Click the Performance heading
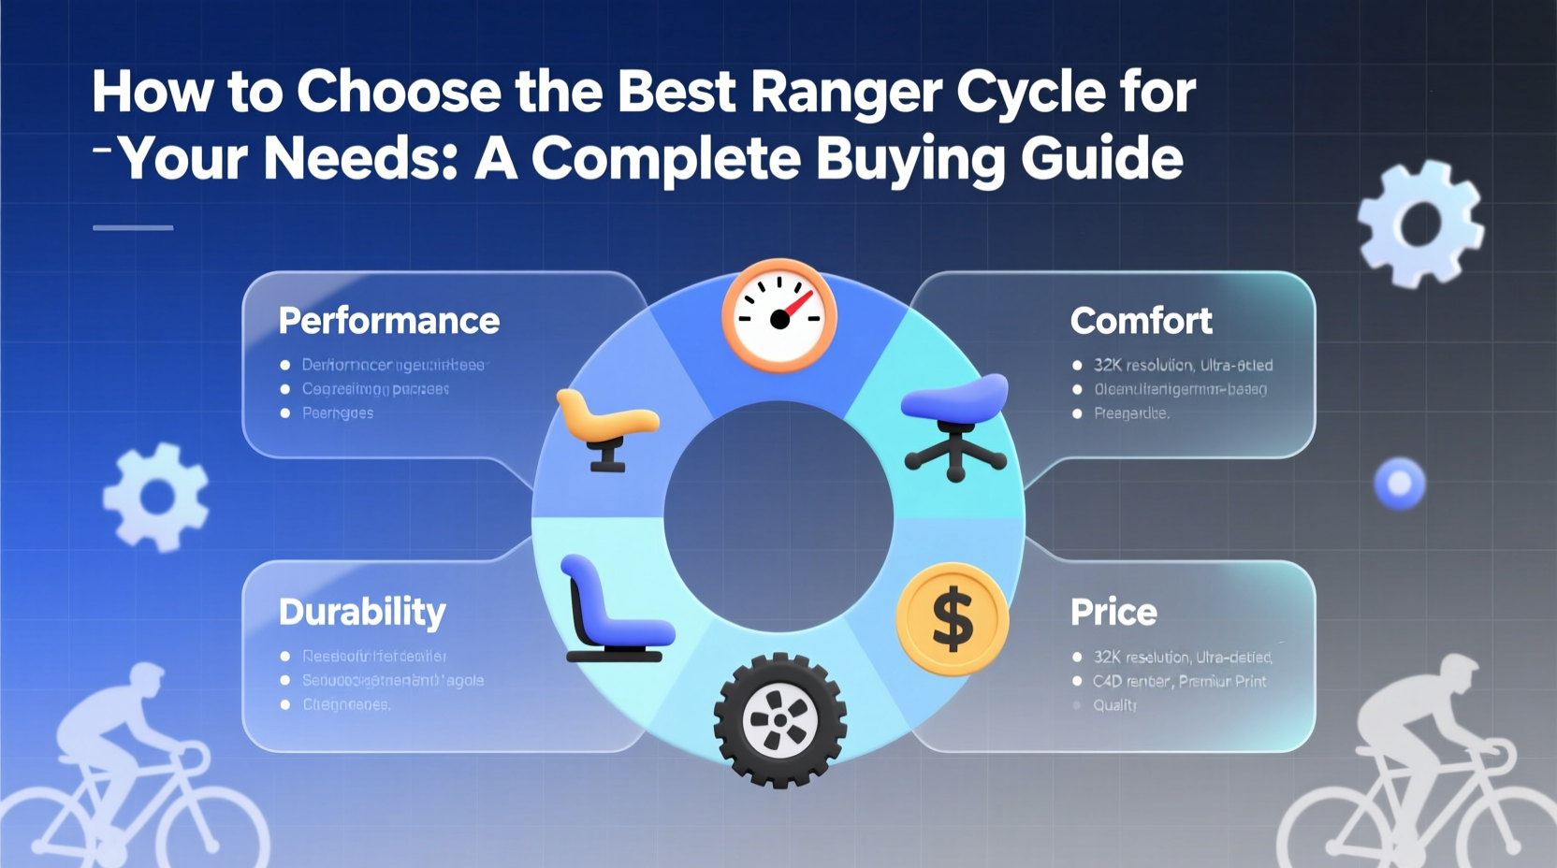point(388,321)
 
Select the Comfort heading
point(1141,321)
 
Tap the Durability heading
point(362,612)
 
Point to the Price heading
point(1113,612)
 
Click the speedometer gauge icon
point(778,316)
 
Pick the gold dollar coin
point(953,619)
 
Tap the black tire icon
point(779,720)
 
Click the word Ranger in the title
point(846,92)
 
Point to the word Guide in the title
point(1101,159)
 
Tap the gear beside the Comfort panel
point(1419,224)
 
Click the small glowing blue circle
point(1399,484)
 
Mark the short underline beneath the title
point(133,227)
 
